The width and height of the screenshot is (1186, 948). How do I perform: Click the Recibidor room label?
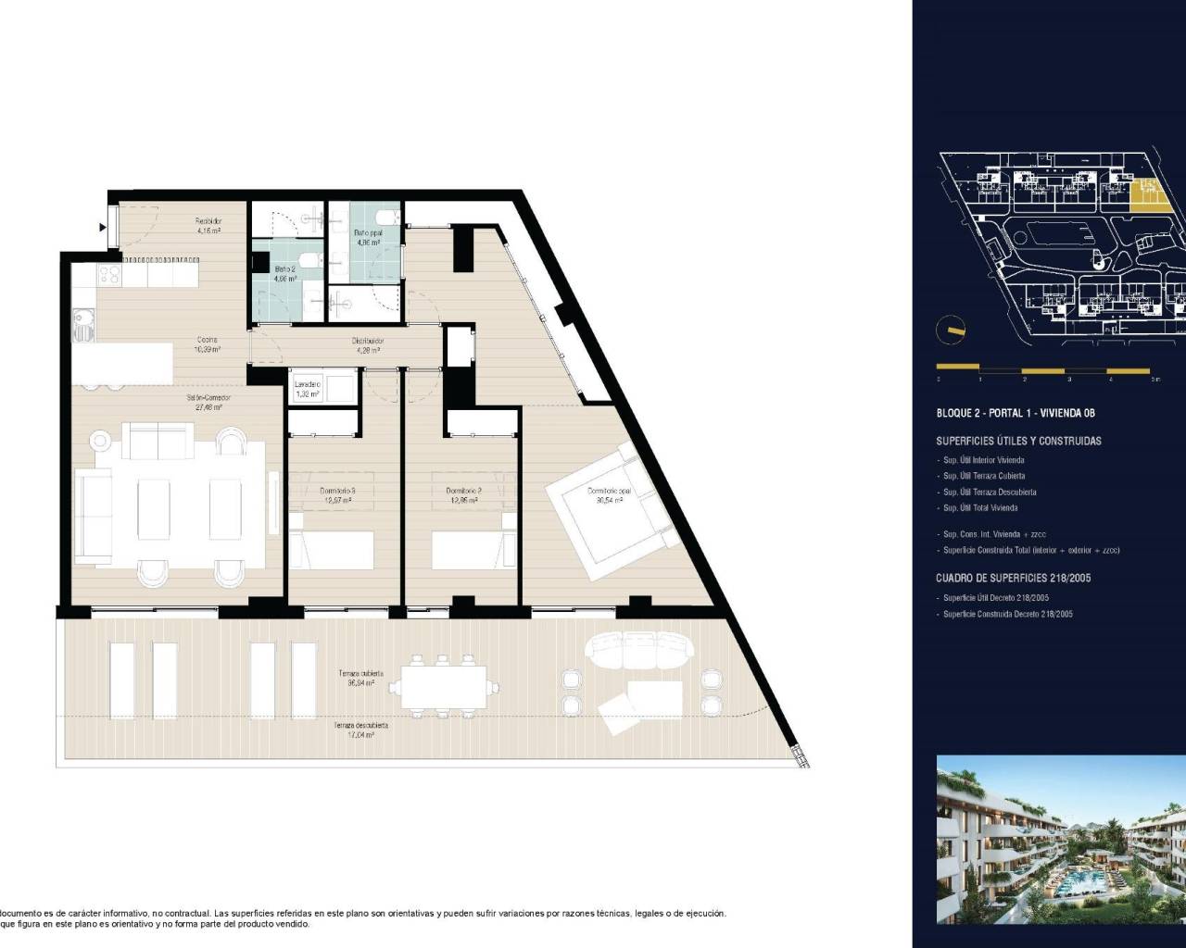pos(207,226)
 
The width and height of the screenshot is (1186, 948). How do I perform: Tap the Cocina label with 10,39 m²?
pos(206,344)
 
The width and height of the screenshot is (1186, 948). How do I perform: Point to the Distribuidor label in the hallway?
pos(367,345)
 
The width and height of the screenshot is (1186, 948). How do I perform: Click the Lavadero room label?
pos(307,389)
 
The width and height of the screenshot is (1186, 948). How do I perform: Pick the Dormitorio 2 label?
pos(461,495)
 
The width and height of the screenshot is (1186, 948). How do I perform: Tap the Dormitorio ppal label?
pos(605,495)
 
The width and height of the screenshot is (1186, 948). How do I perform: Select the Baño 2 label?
pos(284,273)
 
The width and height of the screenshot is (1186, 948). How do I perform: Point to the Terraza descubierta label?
pos(360,730)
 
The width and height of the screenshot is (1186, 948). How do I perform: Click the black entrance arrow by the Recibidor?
pos(102,226)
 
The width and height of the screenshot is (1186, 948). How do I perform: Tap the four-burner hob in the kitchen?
pos(107,275)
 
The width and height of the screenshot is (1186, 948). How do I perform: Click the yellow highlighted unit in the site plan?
pos(1148,194)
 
